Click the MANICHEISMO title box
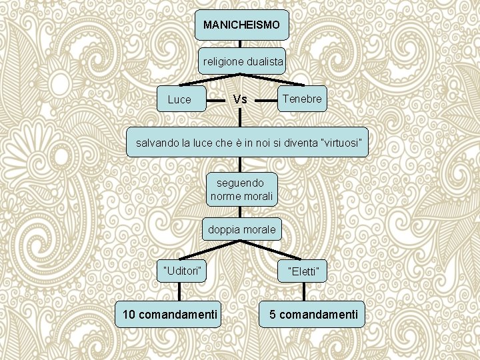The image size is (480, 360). tap(243, 25)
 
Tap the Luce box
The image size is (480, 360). tap(179, 100)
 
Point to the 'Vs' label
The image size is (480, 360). tap(241, 100)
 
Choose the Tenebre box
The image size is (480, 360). tap(302, 99)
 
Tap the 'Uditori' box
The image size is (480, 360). tap(181, 269)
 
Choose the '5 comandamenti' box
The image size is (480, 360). tap(313, 313)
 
